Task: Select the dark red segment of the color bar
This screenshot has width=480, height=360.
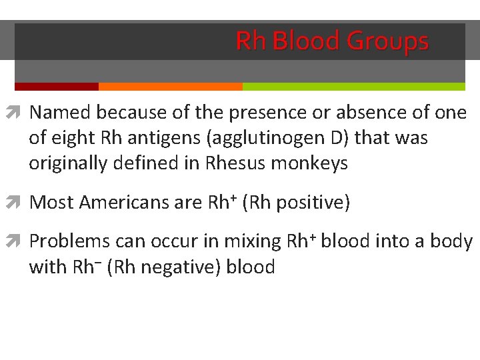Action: (x=57, y=87)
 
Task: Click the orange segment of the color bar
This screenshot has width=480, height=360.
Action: (x=170, y=87)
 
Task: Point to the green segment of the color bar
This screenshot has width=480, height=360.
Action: (x=353, y=87)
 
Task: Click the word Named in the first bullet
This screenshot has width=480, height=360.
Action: (x=59, y=113)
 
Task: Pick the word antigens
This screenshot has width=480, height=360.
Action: (x=159, y=139)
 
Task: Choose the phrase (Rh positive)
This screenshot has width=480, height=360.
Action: (x=296, y=202)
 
